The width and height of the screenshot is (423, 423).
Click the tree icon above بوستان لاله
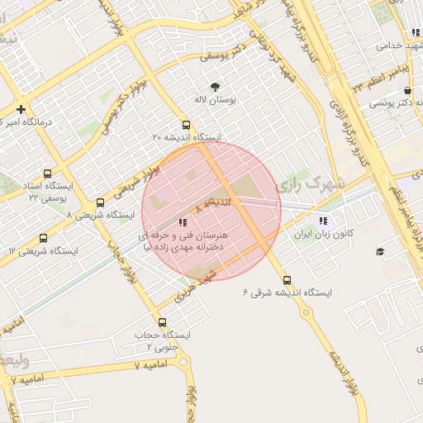pyautogui.click(x=216, y=86)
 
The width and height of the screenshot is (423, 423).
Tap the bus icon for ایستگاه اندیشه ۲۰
pyautogui.click(x=185, y=125)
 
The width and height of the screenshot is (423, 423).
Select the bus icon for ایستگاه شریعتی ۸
pyautogui.click(x=100, y=202)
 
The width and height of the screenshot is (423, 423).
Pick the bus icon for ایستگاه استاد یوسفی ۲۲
pyautogui.click(x=46, y=174)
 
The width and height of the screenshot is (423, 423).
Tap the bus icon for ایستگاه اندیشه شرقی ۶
pyautogui.click(x=287, y=280)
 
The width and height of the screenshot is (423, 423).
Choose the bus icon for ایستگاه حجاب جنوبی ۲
pyautogui.click(x=162, y=322)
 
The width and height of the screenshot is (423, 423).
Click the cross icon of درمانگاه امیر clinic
pyautogui.click(x=21, y=109)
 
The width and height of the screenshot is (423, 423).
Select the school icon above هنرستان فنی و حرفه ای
pyautogui.click(x=183, y=221)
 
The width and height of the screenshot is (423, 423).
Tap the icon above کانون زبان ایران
pyautogui.click(x=322, y=221)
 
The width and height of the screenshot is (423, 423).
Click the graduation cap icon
pyautogui.click(x=380, y=251)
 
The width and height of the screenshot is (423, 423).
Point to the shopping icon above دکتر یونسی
pyautogui.click(x=407, y=92)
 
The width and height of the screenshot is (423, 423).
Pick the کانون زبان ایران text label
pyautogui.click(x=326, y=235)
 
